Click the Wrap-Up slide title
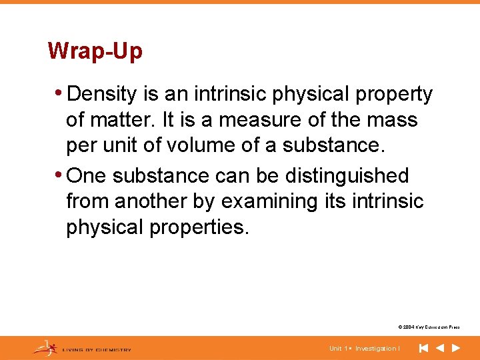tap(95, 51)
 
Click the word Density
tap(105, 95)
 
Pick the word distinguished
tap(347, 175)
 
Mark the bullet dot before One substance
tap(61, 175)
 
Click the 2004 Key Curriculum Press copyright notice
tap(429, 327)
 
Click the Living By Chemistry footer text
tap(97, 349)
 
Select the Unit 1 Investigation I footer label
tap(365, 349)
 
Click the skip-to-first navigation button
tap(423, 348)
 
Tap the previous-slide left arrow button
tap(440, 348)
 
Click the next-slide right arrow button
tap(456, 348)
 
